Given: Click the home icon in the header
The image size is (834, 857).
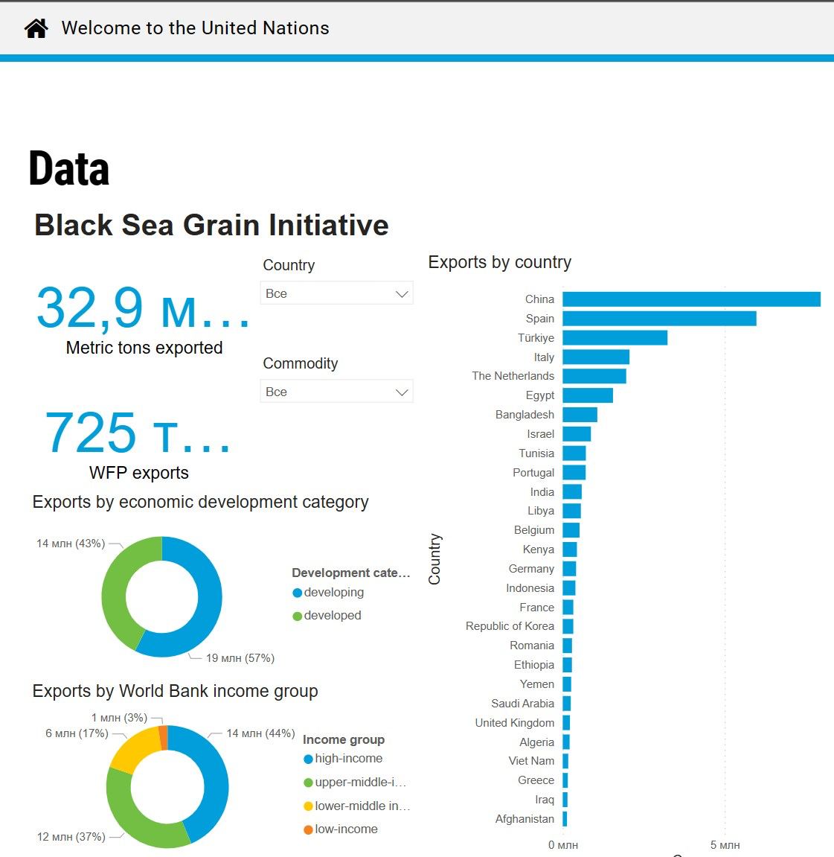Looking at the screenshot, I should point(36,28).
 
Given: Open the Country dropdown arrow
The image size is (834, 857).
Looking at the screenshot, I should point(402,294).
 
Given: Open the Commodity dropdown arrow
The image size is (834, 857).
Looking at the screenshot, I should point(402,392).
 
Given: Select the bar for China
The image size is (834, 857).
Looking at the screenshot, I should point(691,299).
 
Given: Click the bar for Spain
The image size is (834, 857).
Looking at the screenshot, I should point(659,319).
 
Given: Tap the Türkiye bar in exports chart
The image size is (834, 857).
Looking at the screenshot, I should point(615,338).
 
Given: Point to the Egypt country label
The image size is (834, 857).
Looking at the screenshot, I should point(540,395).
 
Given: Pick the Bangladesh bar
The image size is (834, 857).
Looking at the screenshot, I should point(580,415).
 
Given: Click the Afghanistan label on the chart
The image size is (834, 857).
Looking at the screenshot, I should point(525,819).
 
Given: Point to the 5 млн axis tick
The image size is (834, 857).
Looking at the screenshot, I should point(725,845).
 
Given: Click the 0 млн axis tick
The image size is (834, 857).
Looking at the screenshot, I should point(563,845).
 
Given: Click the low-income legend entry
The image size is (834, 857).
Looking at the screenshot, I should point(345,829).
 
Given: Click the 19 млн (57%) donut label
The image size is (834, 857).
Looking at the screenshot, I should point(240,658).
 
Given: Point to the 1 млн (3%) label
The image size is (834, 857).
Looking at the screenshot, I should point(119,718).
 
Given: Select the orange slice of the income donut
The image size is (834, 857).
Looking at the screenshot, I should point(164,737).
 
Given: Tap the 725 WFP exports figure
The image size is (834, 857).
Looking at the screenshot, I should point(138,433).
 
